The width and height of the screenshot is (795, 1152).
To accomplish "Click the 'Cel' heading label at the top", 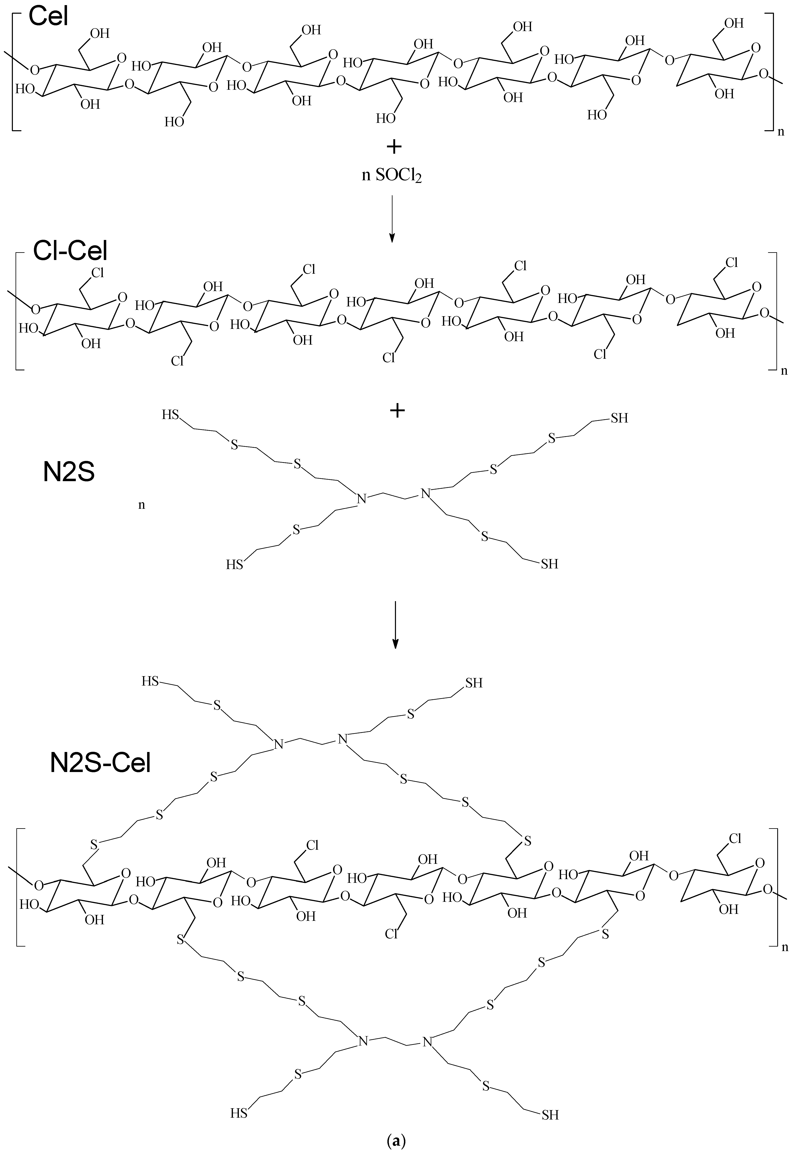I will [48, 16].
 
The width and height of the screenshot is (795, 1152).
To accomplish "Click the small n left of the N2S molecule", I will [141, 505].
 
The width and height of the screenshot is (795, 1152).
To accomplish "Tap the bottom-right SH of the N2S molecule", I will [549, 564].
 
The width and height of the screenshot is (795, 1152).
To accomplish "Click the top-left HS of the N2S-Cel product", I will [149, 681].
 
